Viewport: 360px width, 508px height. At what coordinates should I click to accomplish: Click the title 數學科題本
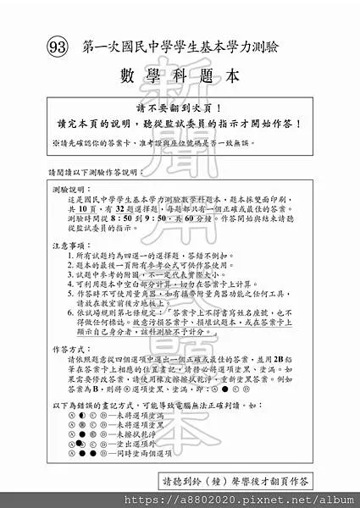tap(180, 75)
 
